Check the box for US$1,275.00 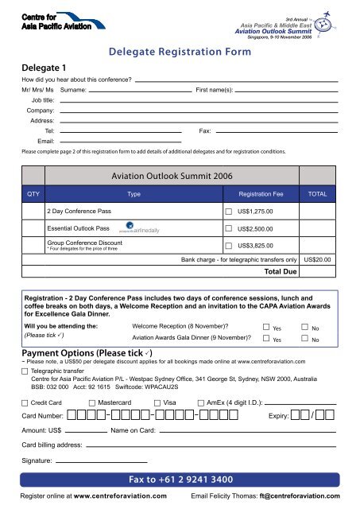click(x=229, y=212)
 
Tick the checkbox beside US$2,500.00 click(x=229, y=230)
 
